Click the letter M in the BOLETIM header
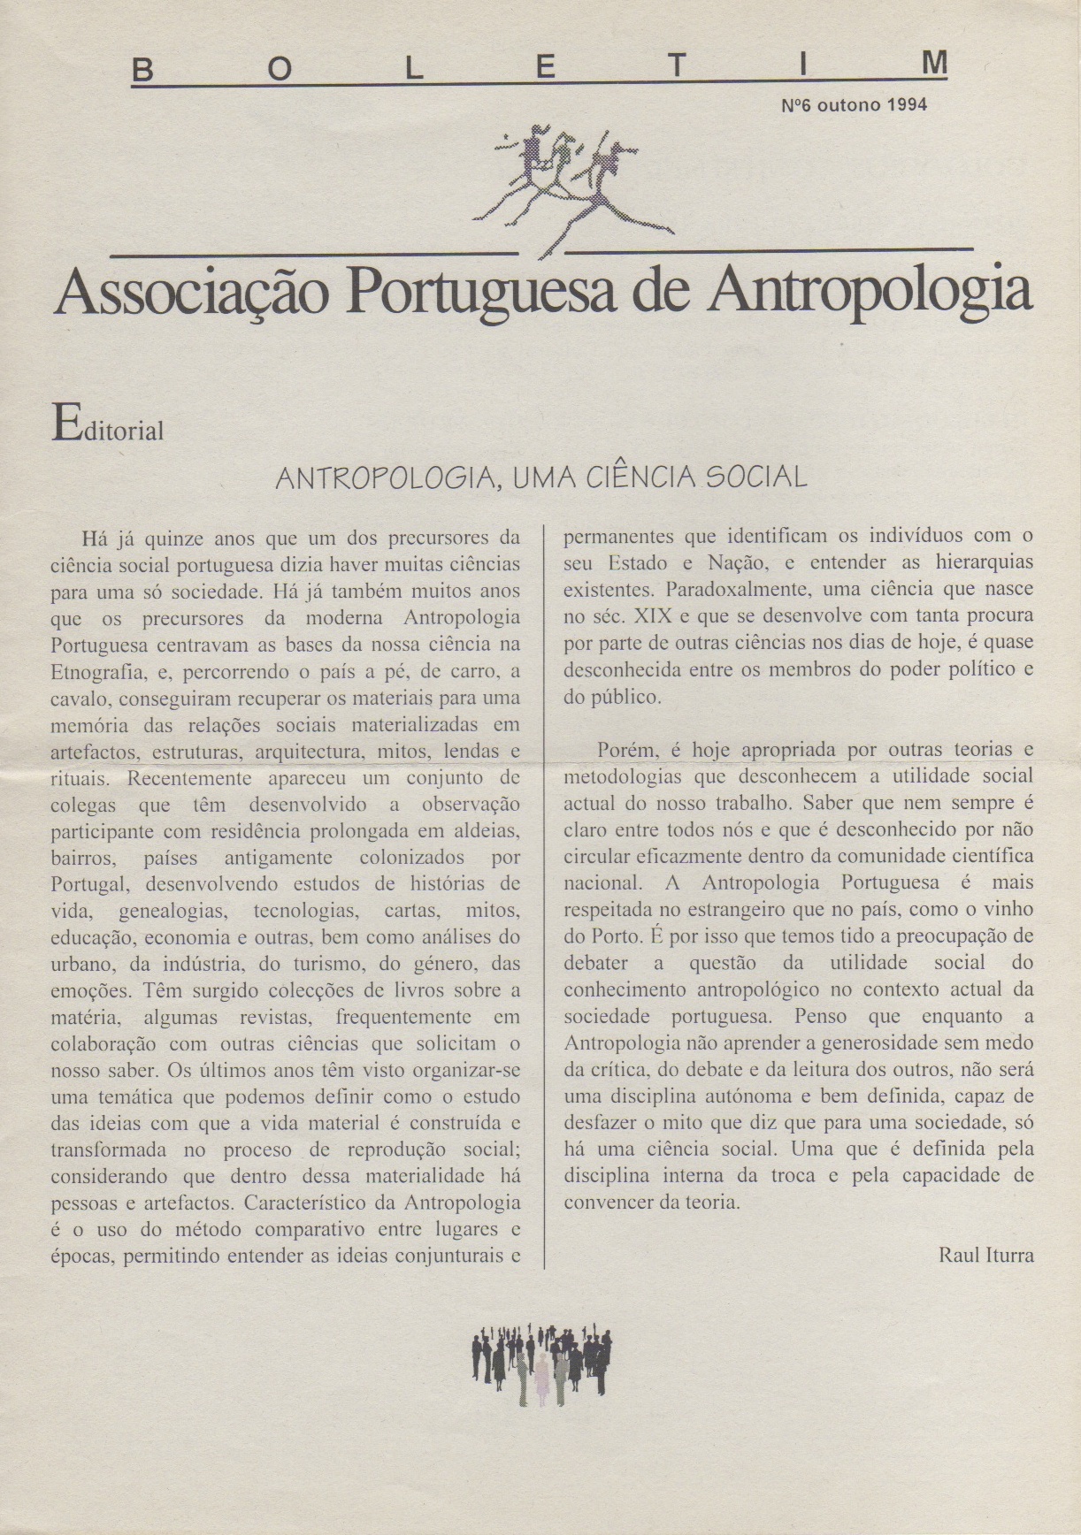pos(933,64)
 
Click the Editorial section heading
pos(109,426)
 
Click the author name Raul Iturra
pos(985,1255)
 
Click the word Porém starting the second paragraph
pos(628,750)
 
